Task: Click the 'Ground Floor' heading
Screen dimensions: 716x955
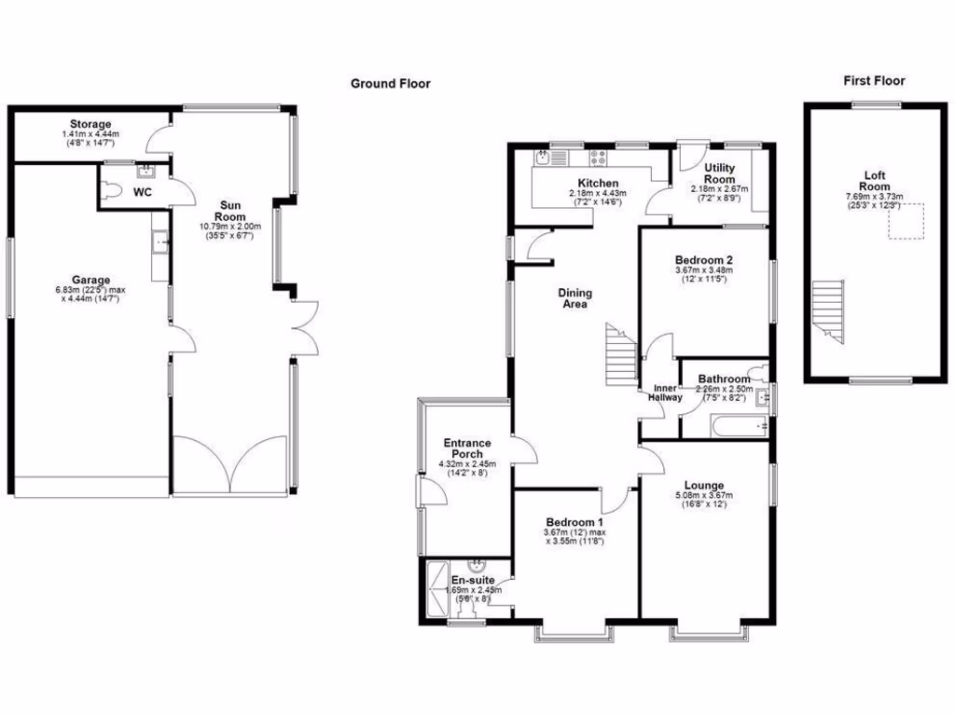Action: coord(390,84)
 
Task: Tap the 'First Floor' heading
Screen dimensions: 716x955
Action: coord(874,81)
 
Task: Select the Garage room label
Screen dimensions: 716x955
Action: coord(91,280)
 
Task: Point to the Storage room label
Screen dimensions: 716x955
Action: coord(90,124)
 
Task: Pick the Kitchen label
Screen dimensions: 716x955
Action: coord(598,183)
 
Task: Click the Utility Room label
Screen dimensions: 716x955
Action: coord(719,173)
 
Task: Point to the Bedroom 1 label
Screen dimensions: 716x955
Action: coord(574,521)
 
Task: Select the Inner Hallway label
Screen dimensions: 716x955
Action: coord(666,392)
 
